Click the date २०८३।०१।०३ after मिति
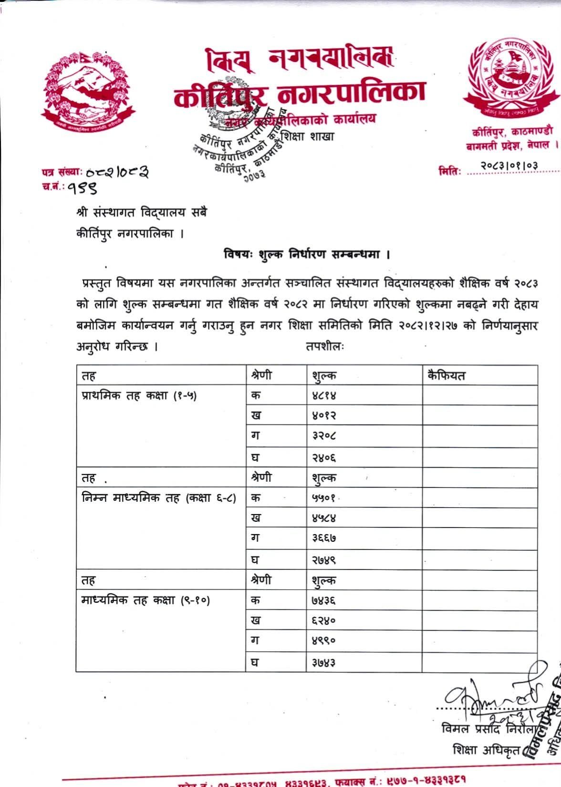(x=509, y=166)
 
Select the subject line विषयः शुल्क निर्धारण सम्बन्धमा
(x=307, y=254)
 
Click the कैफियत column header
(x=446, y=376)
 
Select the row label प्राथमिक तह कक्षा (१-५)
(x=139, y=396)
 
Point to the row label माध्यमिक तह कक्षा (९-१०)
(x=145, y=601)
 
